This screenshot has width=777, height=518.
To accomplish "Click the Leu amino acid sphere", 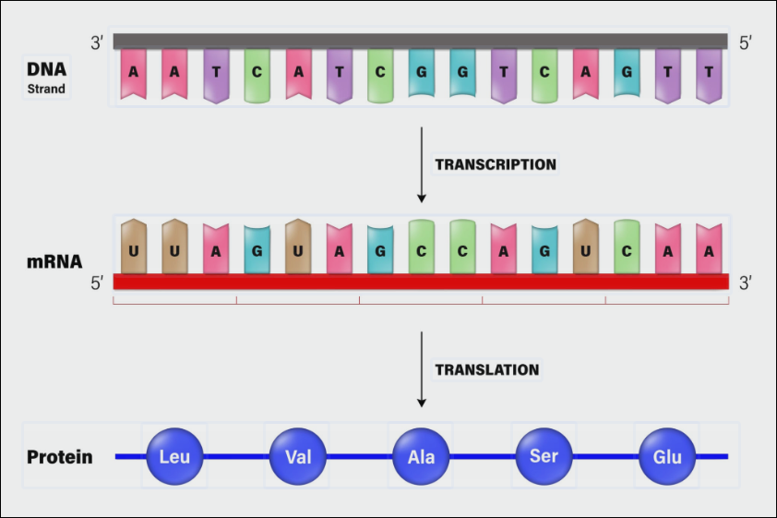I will click(173, 456).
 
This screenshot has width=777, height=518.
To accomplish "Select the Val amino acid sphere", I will click(297, 456).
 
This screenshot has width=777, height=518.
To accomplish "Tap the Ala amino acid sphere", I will click(420, 456).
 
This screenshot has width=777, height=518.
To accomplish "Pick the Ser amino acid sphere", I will click(544, 456).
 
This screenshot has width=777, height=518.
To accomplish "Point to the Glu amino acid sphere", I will click(666, 456).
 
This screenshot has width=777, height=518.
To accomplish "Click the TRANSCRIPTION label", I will click(496, 165).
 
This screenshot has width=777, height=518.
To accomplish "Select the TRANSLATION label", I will click(486, 370).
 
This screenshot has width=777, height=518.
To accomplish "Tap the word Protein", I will click(60, 457).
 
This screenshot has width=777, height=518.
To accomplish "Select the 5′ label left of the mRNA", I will click(96, 283).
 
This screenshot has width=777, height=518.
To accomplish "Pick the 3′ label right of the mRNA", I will click(747, 283).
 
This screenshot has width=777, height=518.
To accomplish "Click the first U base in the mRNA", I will click(135, 247).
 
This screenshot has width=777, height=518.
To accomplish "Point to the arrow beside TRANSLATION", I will click(422, 369).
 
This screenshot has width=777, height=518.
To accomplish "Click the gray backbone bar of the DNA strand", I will click(420, 41).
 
